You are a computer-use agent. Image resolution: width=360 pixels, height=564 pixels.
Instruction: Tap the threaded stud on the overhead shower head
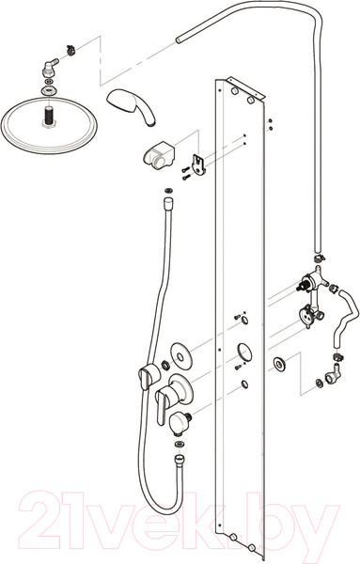tap(48, 117)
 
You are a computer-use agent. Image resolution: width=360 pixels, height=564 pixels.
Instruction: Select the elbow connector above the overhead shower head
tap(49, 68)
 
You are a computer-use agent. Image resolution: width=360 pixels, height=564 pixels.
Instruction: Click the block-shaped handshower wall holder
tap(159, 155)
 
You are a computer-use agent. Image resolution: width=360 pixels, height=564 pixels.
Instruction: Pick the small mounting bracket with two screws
tap(199, 164)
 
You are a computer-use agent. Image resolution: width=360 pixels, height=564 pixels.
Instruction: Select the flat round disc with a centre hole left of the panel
tap(180, 355)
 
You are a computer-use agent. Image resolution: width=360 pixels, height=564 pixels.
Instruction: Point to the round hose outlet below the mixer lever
tap(179, 420)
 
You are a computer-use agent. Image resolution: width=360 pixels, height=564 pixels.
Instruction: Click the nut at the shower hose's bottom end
tap(179, 460)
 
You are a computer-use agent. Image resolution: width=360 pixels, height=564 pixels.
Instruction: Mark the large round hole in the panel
tap(244, 352)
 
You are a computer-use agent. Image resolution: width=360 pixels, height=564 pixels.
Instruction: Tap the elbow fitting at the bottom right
tap(333, 374)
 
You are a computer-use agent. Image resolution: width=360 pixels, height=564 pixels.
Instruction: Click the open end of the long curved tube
tap(179, 39)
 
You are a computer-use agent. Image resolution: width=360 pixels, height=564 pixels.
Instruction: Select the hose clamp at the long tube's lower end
tap(319, 258)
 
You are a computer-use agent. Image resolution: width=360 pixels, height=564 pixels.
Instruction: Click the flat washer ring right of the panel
tap(279, 364)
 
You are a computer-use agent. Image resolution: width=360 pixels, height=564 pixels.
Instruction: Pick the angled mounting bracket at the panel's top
tap(245, 87)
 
